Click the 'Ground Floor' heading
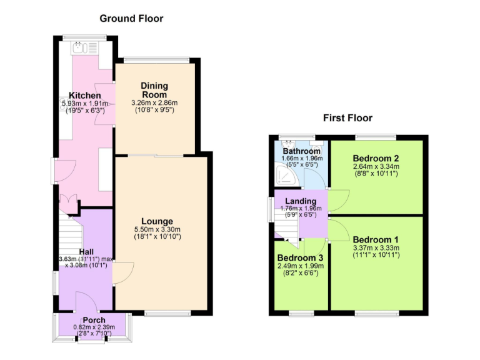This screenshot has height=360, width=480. [132, 19]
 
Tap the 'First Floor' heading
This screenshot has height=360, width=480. [347, 117]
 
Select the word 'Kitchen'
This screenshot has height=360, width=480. [84, 95]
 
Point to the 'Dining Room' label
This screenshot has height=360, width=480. [154, 90]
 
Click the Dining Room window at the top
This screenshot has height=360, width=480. [156, 60]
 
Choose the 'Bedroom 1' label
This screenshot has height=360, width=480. [375, 239]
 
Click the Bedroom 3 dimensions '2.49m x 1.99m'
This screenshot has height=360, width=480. [301, 266]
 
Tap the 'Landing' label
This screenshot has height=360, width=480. [301, 201]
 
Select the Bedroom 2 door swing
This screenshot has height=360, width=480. [337, 199]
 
